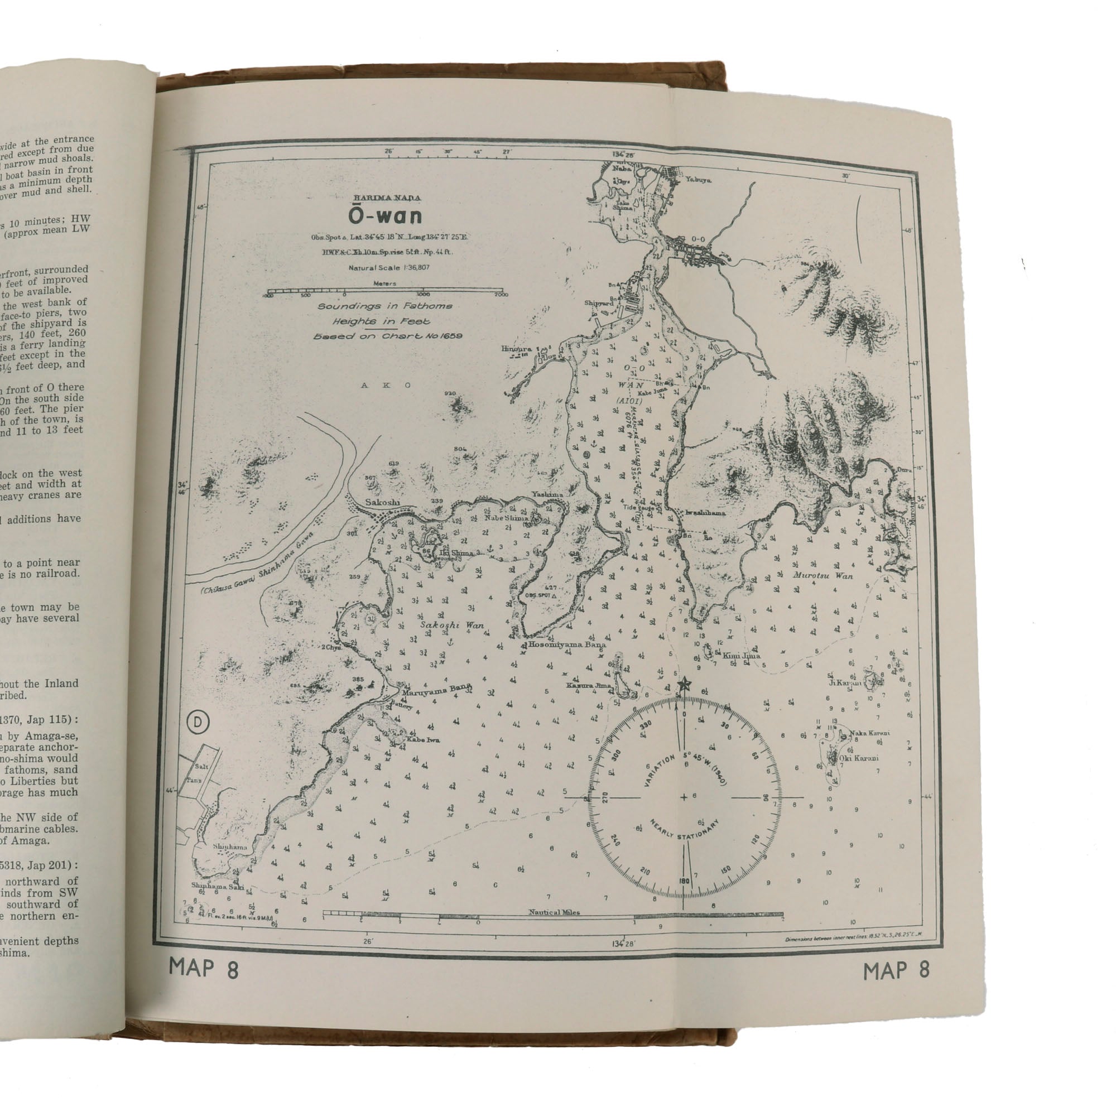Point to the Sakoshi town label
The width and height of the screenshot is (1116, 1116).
382,503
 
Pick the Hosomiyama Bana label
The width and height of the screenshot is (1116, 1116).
567,644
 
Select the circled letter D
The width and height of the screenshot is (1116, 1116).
198,722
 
